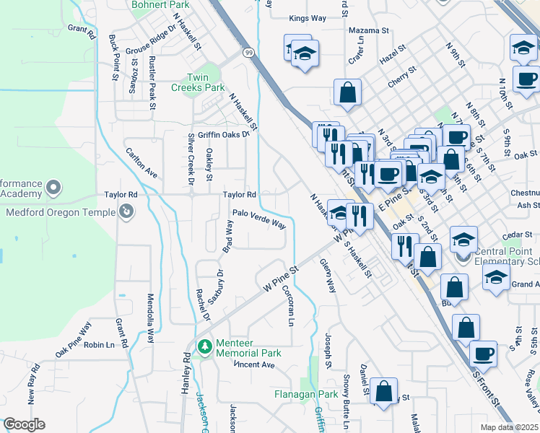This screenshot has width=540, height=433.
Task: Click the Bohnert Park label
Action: pos(160,5)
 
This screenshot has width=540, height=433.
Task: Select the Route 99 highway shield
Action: pos(248,53)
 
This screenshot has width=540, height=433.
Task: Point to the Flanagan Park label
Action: pos(306,395)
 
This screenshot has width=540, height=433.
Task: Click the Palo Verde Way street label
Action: pos(258,219)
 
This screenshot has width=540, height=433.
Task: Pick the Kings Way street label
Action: pos(307,18)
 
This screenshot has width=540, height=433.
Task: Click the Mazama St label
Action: pos(368,31)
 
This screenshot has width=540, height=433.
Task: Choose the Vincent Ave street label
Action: pos(253,365)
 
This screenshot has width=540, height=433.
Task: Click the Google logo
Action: pos(25,424)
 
